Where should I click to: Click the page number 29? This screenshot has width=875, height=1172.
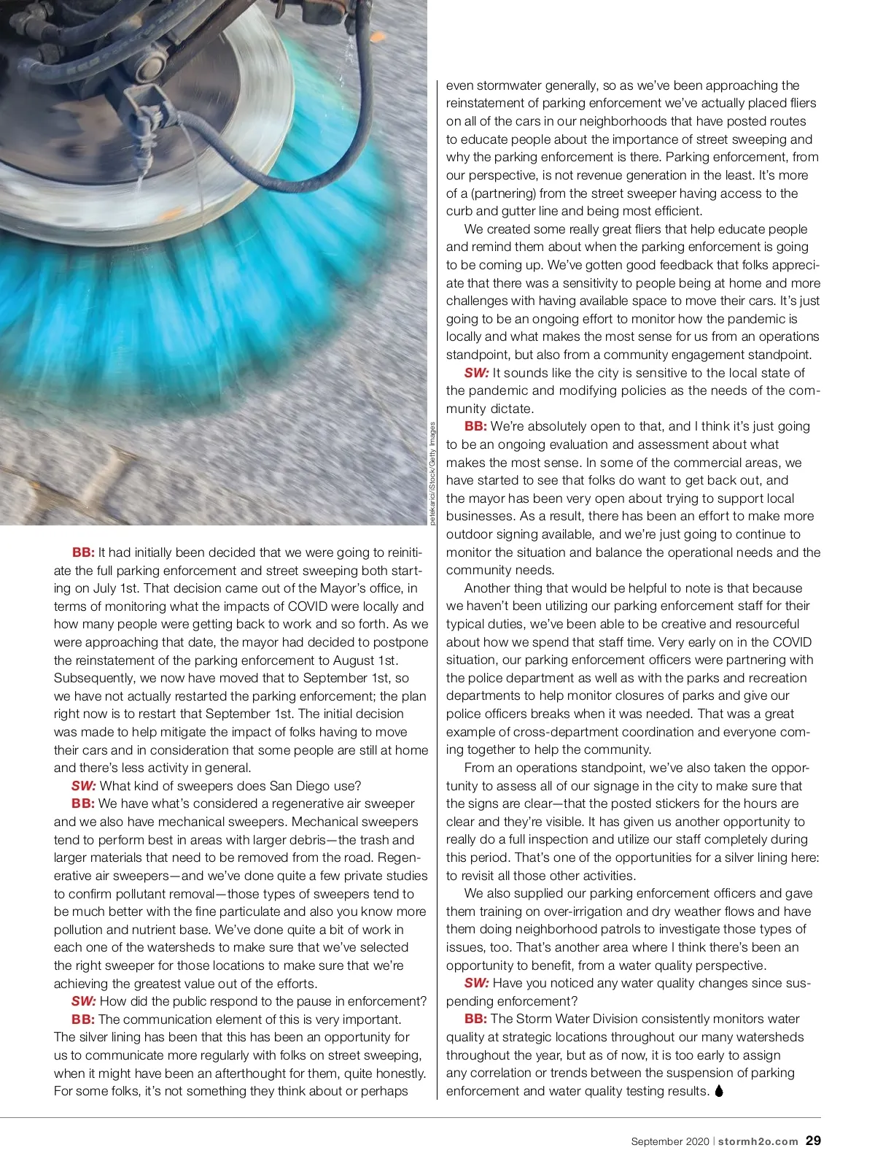click(813, 1141)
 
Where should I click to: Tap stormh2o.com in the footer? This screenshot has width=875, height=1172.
click(758, 1142)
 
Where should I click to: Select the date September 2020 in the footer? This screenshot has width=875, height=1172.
click(669, 1142)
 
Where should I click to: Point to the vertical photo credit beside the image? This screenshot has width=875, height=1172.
click(432, 474)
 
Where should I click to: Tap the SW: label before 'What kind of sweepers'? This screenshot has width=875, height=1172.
click(83, 786)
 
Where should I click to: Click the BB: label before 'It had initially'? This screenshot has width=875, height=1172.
click(83, 552)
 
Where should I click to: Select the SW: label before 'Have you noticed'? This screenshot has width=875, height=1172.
click(476, 983)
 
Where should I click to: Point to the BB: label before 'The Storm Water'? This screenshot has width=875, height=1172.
click(475, 1019)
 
